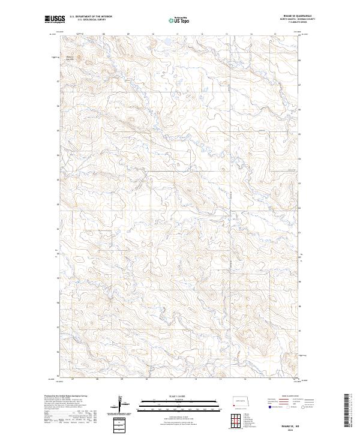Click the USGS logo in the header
tap(54, 19)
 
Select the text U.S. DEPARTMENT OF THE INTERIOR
tap(91, 17)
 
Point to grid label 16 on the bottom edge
tap(294, 380)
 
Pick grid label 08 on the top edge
tap(104, 34)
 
